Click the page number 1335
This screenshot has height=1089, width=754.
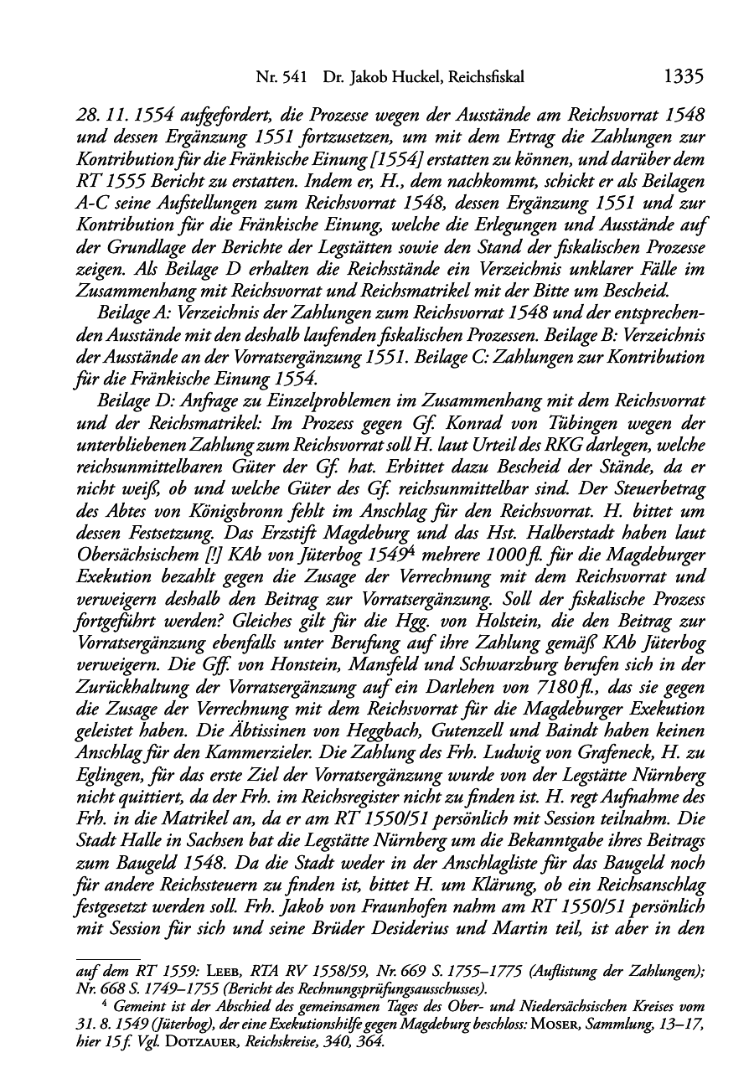pyautogui.click(x=682, y=77)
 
